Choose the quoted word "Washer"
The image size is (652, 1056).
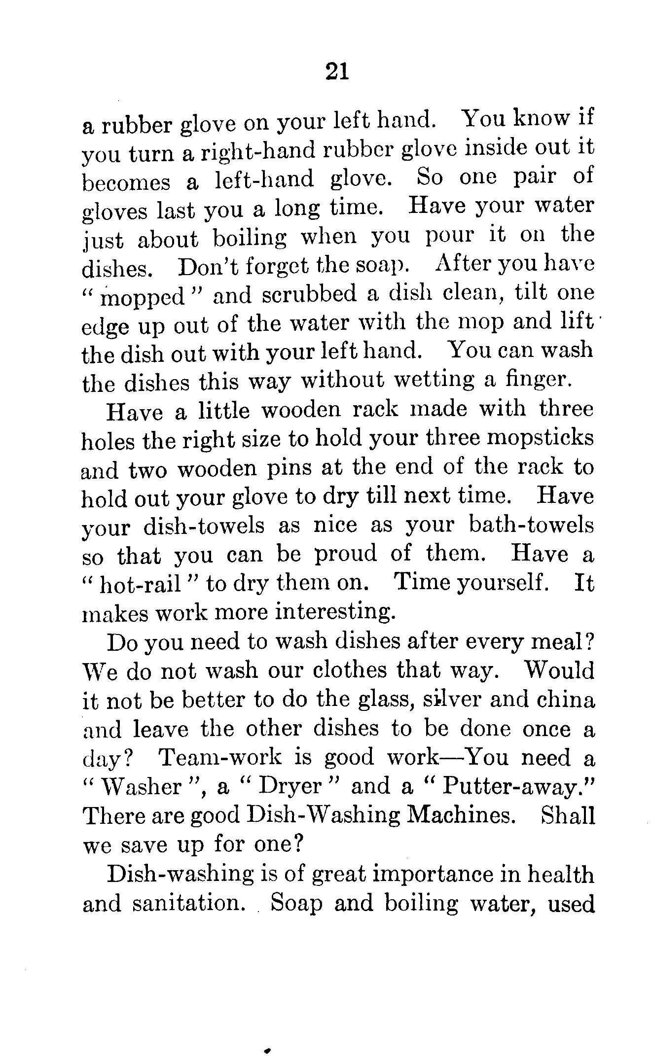[x=141, y=787]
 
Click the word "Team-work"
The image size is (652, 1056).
[x=220, y=757]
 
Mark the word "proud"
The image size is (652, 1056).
[x=346, y=555]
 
